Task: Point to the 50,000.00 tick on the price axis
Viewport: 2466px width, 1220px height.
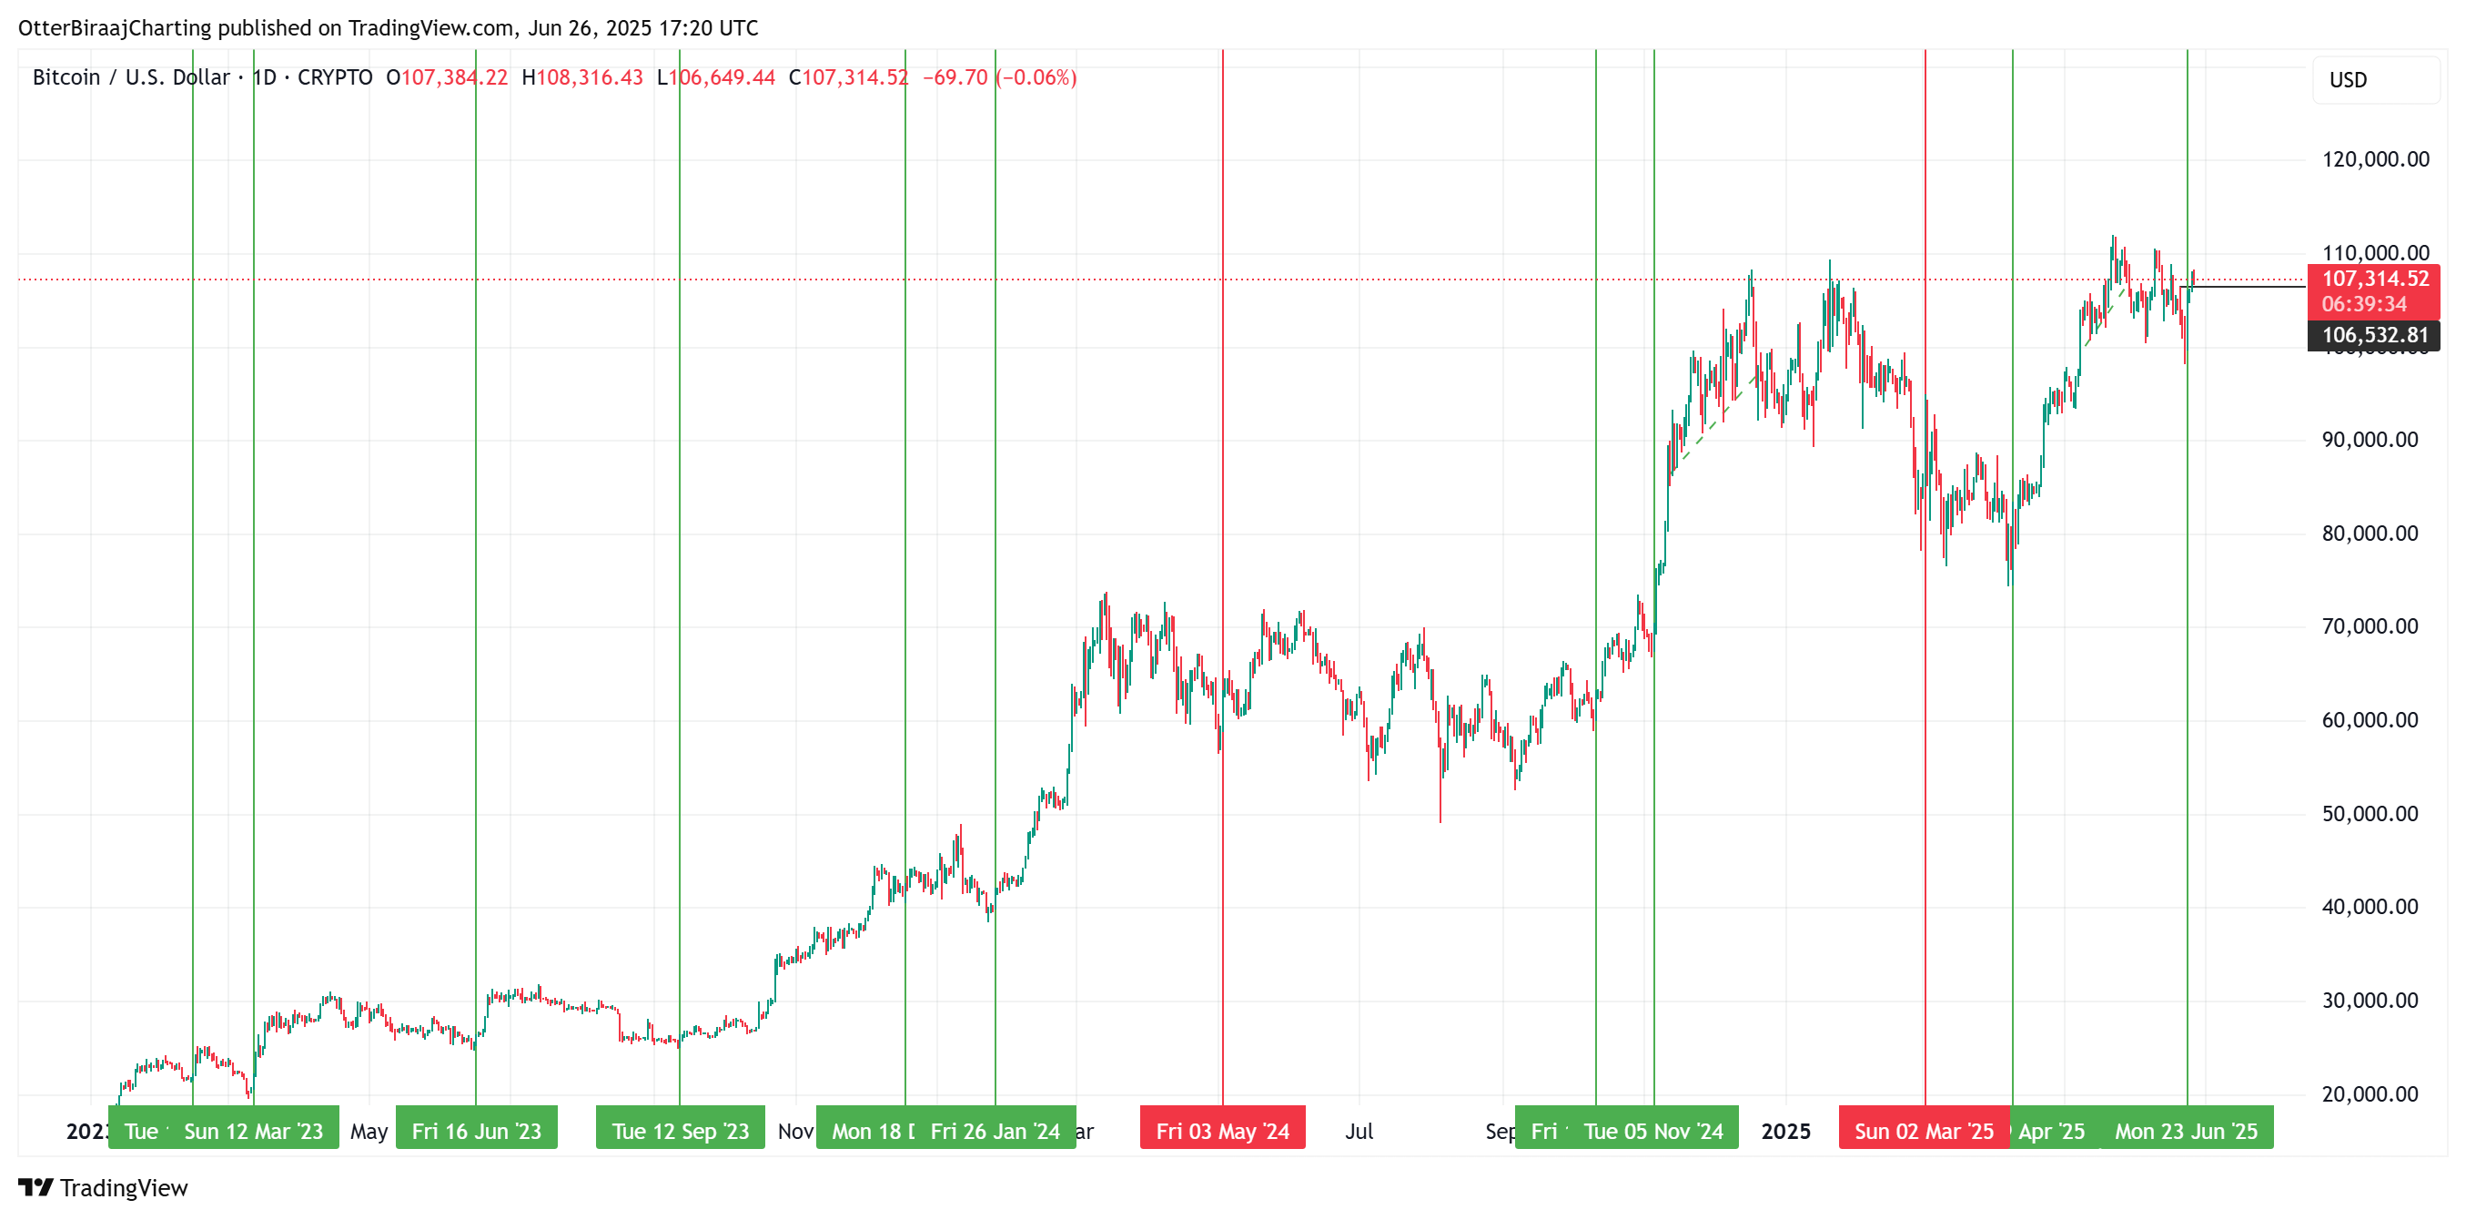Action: click(x=2370, y=814)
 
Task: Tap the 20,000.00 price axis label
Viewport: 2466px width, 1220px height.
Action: click(x=2370, y=1093)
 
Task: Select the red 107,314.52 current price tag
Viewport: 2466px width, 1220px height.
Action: click(x=2374, y=280)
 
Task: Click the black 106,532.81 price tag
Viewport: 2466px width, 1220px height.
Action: click(x=2374, y=335)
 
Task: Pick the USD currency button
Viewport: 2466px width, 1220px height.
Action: click(x=2348, y=80)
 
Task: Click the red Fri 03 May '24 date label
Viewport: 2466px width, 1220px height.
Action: click(x=1222, y=1131)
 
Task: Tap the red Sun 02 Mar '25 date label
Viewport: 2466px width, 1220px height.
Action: click(x=1924, y=1131)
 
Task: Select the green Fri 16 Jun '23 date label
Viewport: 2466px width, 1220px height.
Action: click(x=476, y=1131)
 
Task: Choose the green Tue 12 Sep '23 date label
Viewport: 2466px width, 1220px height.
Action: click(x=680, y=1131)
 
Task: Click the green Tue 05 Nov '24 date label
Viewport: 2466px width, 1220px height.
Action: click(x=1653, y=1131)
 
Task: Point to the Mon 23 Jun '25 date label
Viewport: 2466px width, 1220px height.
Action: click(x=2186, y=1131)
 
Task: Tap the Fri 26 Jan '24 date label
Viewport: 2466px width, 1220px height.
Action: click(x=995, y=1131)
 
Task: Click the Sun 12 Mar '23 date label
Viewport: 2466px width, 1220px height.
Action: click(x=253, y=1131)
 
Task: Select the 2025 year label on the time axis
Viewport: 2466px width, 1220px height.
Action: click(x=1785, y=1131)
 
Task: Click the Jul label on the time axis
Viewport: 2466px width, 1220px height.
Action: click(x=1359, y=1131)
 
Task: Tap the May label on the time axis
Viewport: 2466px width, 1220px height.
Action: click(x=369, y=1131)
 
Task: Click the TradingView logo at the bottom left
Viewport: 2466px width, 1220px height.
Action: click(x=104, y=1187)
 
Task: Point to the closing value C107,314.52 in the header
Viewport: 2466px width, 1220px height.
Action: click(x=848, y=77)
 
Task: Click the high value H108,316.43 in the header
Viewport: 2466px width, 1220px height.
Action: click(x=582, y=77)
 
